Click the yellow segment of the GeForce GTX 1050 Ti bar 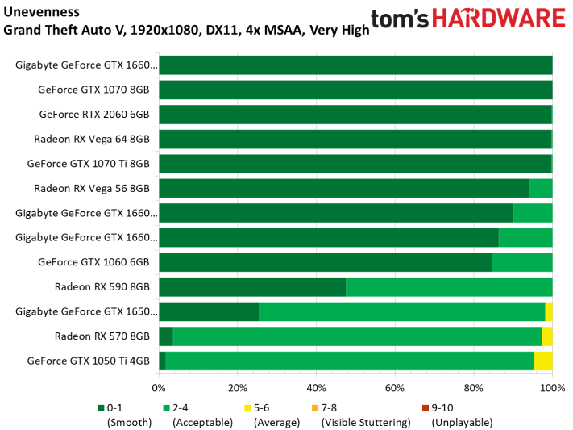(x=543, y=361)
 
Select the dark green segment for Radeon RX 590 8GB (x=252, y=287)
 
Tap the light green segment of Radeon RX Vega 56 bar (x=542, y=188)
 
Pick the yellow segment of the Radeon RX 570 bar (x=547, y=336)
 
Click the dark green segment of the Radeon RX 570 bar (x=166, y=336)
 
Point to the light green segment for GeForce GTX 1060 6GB (x=522, y=262)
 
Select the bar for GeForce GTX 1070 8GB (x=356, y=90)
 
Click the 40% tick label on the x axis (x=316, y=388)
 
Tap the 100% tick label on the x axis (x=553, y=388)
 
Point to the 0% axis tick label (x=159, y=388)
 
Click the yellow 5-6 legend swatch (x=247, y=408)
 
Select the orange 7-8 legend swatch (x=315, y=408)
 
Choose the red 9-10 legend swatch (x=426, y=408)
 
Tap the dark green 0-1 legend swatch (x=102, y=408)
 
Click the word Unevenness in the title (x=41, y=12)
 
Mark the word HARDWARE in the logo (x=499, y=19)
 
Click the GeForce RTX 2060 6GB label (x=94, y=115)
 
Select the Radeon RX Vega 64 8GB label (x=92, y=139)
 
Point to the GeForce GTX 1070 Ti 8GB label (x=89, y=164)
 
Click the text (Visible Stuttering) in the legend (x=366, y=422)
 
